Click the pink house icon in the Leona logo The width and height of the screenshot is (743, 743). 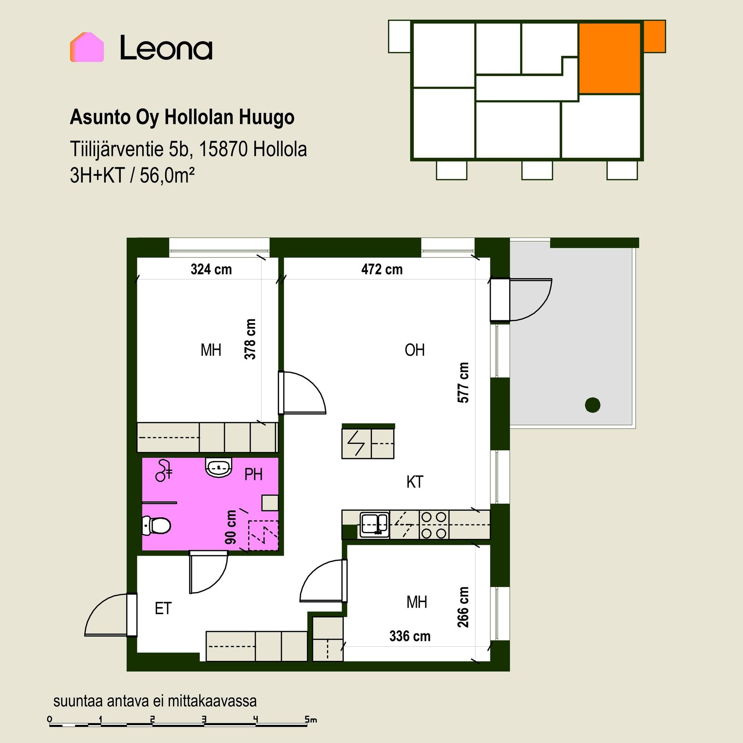tap(87, 47)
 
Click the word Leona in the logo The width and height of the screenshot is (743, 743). tap(166, 48)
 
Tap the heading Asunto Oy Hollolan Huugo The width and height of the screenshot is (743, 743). tap(182, 117)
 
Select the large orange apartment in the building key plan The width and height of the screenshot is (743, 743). tap(609, 58)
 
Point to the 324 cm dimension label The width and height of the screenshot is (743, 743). tap(211, 269)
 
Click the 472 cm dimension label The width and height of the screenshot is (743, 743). tap(382, 269)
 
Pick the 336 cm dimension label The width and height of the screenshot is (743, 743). tap(410, 636)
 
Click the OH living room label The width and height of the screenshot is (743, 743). tap(414, 350)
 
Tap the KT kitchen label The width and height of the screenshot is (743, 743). tap(415, 482)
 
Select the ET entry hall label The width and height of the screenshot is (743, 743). tap(163, 609)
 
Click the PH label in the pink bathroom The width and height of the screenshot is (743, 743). tap(253, 474)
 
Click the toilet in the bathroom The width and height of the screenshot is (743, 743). tap(156, 525)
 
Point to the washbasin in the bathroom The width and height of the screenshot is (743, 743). tap(219, 467)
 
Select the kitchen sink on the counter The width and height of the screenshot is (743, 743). tap(374, 525)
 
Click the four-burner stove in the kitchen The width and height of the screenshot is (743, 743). tap(434, 525)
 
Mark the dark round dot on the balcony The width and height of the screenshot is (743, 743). tap(592, 405)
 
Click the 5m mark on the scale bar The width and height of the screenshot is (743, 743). tap(311, 720)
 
